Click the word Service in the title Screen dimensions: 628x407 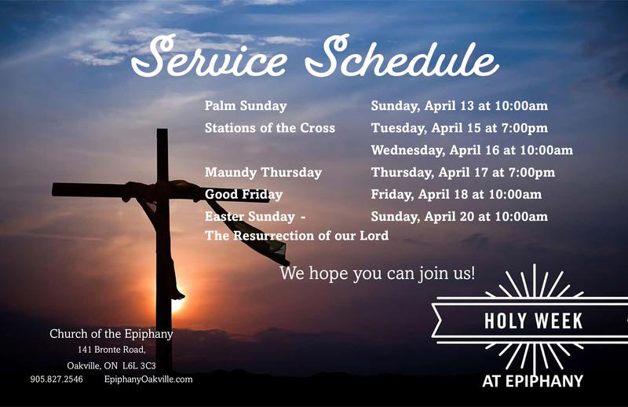pos(209,56)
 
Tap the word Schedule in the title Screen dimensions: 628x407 pos(402,55)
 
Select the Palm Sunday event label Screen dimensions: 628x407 pos(246,106)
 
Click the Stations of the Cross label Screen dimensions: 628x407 pos(270,128)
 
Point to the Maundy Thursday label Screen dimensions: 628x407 pos(263,172)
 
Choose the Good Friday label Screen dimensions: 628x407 pos(243,195)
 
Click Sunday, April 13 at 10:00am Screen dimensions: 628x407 pos(459,106)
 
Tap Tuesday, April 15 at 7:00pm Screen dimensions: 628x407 pos(459,128)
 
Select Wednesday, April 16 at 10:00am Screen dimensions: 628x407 pos(472,150)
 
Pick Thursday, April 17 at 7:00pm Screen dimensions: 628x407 pos(463,172)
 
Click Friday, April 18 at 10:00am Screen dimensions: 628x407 pos(456,195)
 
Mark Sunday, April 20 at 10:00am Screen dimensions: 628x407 pos(459,217)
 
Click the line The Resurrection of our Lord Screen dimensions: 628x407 pos(297,236)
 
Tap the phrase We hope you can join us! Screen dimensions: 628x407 pos(378,273)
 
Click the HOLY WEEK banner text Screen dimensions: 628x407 pos(533,321)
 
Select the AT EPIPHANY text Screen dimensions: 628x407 pos(532,381)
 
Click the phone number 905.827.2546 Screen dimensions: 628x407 pos(57,379)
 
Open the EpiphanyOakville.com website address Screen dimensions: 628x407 pos(148,379)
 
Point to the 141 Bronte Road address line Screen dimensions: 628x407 pos(111,350)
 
